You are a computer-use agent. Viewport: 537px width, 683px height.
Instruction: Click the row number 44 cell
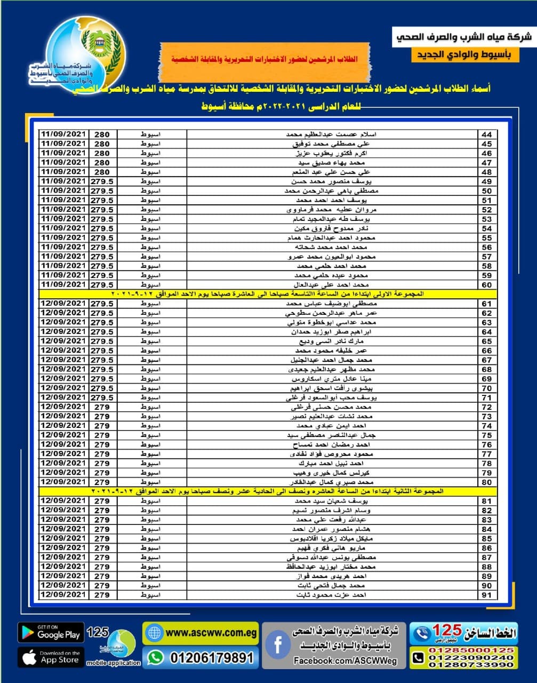(x=486, y=134)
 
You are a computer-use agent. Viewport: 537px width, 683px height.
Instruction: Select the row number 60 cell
(x=486, y=285)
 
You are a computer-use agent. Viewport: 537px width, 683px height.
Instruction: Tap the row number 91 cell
(x=486, y=595)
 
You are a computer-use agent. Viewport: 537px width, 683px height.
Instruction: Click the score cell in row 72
(x=102, y=407)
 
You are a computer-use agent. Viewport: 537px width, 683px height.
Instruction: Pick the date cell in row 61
(x=63, y=304)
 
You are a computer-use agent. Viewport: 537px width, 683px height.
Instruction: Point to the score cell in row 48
(x=102, y=172)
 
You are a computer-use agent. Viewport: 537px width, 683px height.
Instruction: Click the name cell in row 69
(x=332, y=379)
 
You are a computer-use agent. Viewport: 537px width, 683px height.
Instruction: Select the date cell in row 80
(x=63, y=482)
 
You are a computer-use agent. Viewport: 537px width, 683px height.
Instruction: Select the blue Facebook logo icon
(x=277, y=645)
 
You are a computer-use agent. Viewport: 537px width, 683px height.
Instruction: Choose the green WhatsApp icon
(x=155, y=657)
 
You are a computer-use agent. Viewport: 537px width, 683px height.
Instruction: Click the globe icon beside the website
(x=154, y=633)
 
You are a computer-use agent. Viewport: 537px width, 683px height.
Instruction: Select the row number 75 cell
(x=486, y=435)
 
